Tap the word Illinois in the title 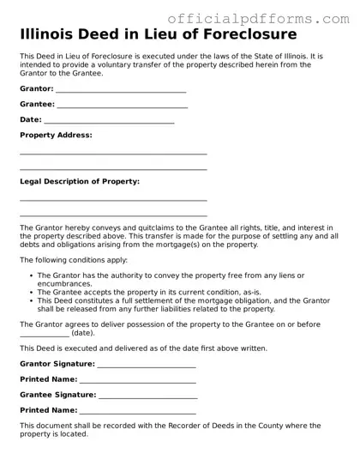[46, 35]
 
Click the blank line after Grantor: [120, 91]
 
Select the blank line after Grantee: [122, 107]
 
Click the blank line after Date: [109, 123]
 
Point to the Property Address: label [56, 136]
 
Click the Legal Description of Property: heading [79, 182]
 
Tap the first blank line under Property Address [113, 154]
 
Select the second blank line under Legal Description [113, 215]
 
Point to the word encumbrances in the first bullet [64, 283]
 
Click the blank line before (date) [44, 334]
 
